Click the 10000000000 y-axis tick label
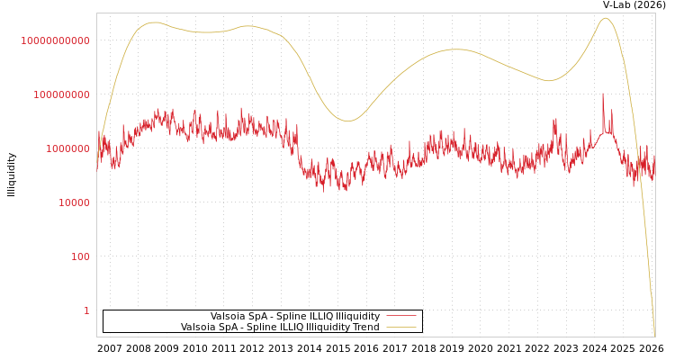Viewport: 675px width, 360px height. tap(55, 40)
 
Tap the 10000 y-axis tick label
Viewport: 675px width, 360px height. tap(74, 202)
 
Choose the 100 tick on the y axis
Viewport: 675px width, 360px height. tap(80, 256)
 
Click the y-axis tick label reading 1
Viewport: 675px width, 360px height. tap(86, 310)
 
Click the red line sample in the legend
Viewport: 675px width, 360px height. tap(400, 317)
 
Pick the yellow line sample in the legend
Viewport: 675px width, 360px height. tap(400, 328)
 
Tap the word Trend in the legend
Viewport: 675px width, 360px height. tap(365, 328)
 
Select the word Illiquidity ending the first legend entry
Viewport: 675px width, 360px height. tap(357, 317)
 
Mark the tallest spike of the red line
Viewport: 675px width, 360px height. tap(603, 94)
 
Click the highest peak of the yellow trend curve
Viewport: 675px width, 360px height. tap(605, 18)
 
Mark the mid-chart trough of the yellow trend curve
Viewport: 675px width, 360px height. tap(347, 121)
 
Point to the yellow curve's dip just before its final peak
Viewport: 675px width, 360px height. tap(549, 81)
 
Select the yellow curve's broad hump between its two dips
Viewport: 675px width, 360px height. tap(456, 49)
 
